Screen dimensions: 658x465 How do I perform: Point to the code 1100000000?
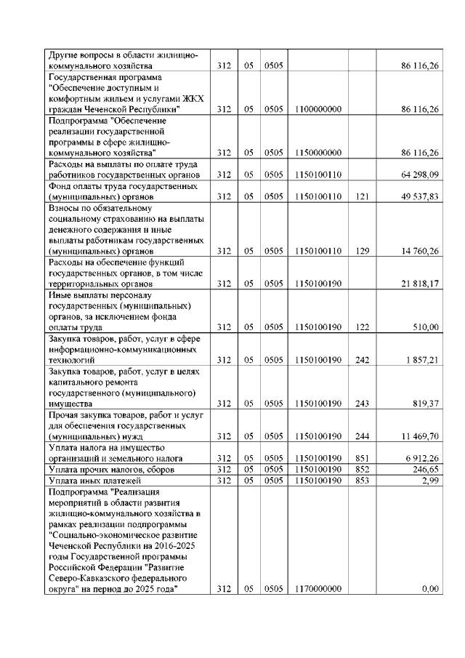pyautogui.click(x=319, y=109)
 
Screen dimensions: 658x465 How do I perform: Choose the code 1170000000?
pyautogui.click(x=319, y=589)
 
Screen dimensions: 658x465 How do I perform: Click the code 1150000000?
pyautogui.click(x=319, y=153)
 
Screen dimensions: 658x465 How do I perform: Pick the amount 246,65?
pyautogui.click(x=426, y=470)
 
